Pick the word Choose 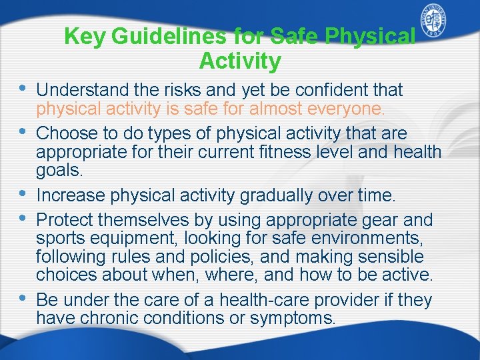coord(65,133)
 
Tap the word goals coord(59,171)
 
